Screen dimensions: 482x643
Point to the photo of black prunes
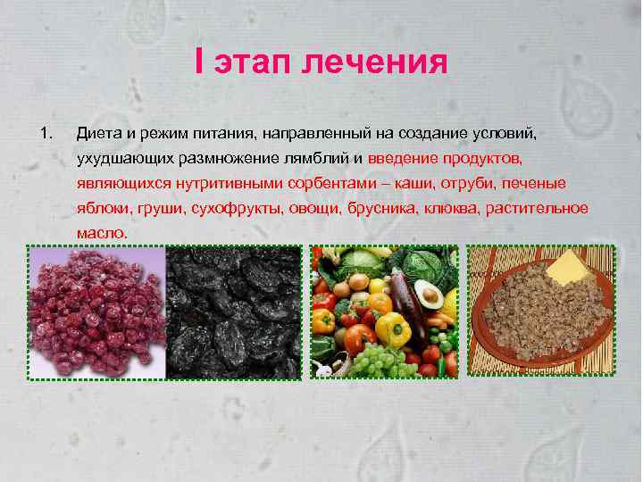(x=234, y=312)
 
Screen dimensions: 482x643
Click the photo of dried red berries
(x=96, y=312)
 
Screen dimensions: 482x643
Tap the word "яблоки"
(x=103, y=208)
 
